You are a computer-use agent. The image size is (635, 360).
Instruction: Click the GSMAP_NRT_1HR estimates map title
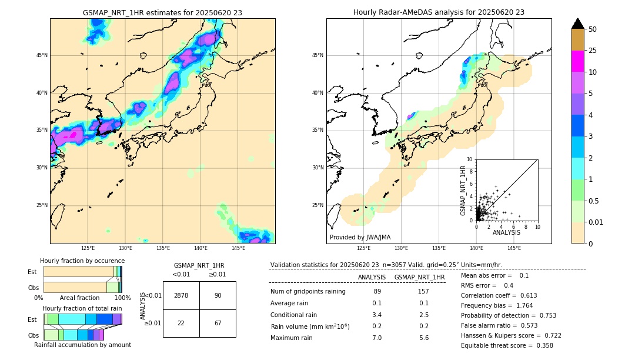(x=162, y=12)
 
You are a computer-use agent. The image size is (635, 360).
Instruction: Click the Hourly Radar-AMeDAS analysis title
(x=439, y=12)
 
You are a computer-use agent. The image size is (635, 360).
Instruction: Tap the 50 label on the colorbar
(x=593, y=29)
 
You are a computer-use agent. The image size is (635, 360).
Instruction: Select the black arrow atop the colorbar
(x=578, y=24)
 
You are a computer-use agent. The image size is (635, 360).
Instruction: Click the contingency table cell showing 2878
(x=181, y=295)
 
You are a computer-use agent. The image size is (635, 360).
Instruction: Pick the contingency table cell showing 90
(x=218, y=295)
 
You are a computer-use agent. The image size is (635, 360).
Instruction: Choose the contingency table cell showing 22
(x=181, y=323)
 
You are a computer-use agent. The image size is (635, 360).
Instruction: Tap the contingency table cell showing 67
(x=218, y=323)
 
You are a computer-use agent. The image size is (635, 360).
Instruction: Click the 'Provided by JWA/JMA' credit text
(x=360, y=237)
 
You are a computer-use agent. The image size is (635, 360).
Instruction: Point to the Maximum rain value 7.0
(x=377, y=338)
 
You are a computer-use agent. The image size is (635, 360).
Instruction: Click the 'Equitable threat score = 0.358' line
(x=507, y=345)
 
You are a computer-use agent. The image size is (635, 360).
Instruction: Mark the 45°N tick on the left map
(x=42, y=55)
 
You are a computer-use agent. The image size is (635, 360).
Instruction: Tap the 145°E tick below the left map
(x=238, y=248)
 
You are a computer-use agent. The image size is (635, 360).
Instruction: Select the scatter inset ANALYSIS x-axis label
(x=506, y=233)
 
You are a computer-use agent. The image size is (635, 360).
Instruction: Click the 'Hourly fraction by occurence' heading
(x=82, y=261)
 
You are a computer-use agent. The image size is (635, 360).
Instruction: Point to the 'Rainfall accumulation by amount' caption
(x=82, y=345)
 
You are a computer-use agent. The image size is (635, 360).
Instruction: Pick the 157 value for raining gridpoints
(x=423, y=291)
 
